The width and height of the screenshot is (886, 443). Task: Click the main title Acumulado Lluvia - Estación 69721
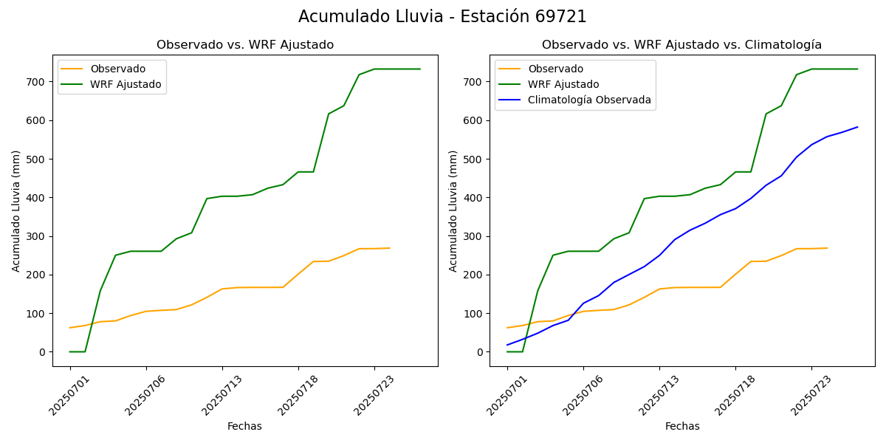click(442, 17)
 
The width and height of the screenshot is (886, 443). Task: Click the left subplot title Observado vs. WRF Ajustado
click(244, 45)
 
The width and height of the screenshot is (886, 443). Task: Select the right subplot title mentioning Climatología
click(681, 45)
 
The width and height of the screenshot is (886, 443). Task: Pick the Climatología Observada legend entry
click(589, 100)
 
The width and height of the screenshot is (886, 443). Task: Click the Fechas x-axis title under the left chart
click(244, 427)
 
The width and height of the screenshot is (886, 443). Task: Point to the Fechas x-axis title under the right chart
click(681, 427)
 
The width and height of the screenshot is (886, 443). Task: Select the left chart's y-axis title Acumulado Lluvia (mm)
click(16, 210)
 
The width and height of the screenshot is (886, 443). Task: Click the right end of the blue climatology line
click(857, 127)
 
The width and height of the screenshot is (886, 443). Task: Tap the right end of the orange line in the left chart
click(390, 248)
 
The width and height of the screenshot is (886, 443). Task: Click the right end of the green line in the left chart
click(420, 69)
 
